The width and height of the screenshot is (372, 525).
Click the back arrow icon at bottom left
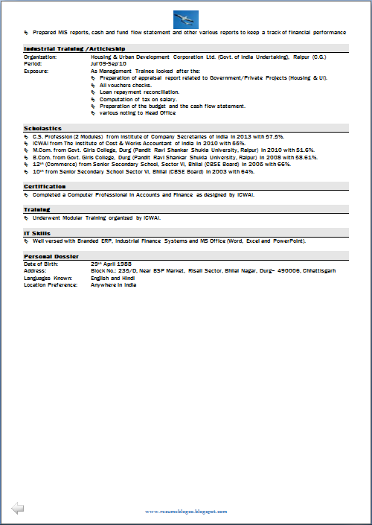[x=17, y=508]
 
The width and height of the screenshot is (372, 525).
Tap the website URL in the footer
[x=185, y=511]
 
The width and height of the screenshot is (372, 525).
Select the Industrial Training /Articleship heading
[x=64, y=48]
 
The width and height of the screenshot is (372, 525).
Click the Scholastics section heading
[x=42, y=128]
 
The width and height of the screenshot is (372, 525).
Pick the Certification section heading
[x=45, y=186]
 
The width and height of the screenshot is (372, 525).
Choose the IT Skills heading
[x=37, y=233]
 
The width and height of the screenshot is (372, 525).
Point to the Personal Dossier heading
[x=51, y=256]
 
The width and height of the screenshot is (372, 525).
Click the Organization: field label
[x=40, y=56]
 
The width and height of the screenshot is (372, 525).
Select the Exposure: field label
[x=36, y=71]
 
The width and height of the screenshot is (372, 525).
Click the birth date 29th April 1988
[x=112, y=264]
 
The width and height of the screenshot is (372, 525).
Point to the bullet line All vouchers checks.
[x=126, y=85]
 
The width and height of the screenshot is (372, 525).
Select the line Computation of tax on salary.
[x=139, y=99]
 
